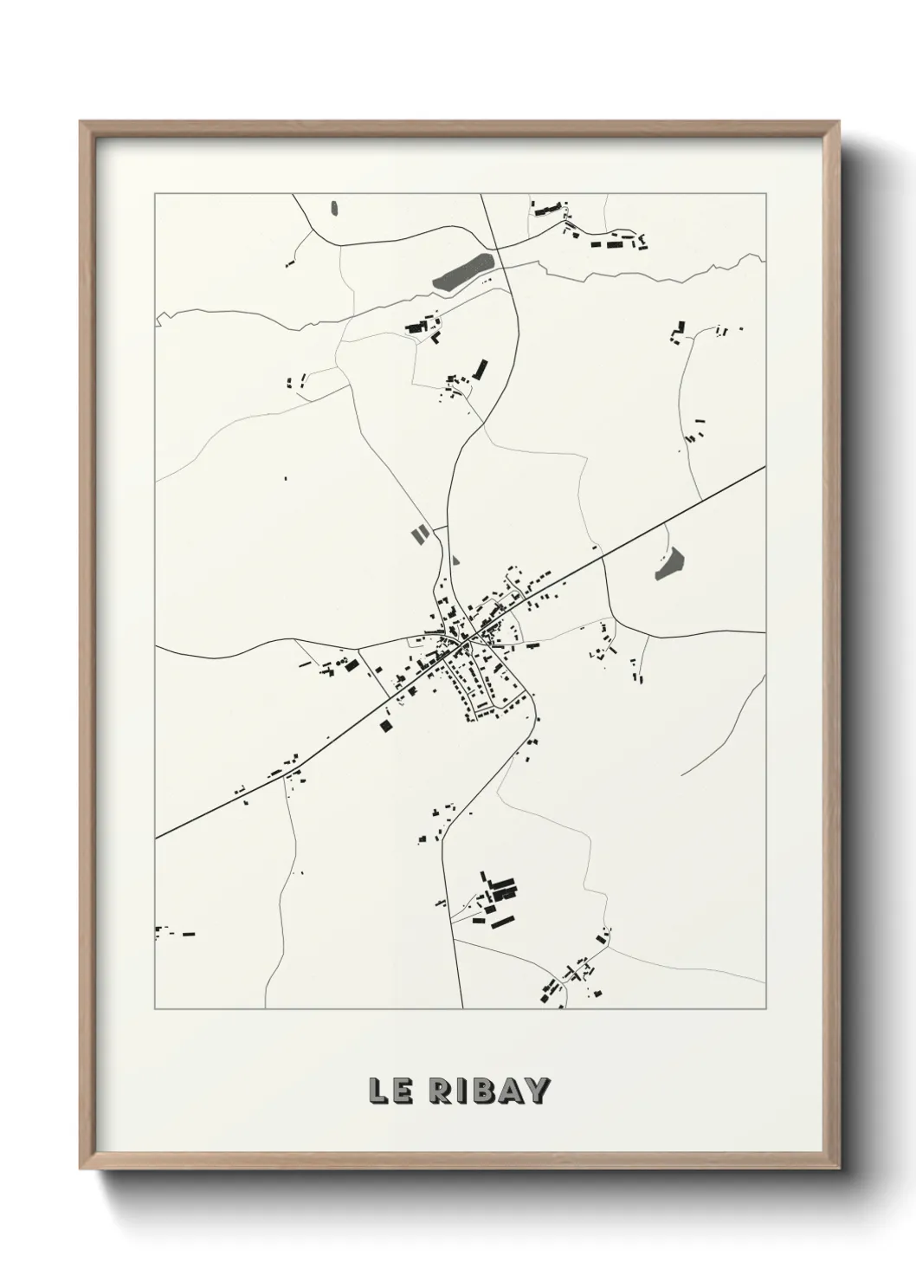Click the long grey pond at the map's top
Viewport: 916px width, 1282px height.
coord(464,270)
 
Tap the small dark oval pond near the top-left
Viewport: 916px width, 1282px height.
coord(334,208)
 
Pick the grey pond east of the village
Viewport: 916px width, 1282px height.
coord(669,564)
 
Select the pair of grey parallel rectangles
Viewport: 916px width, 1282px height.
coord(418,534)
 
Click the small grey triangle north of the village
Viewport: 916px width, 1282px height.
coord(455,560)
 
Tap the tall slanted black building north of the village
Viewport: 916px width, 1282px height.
coord(480,370)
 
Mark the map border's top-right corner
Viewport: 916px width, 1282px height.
coord(765,194)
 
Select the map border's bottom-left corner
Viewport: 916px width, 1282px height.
coord(155,1008)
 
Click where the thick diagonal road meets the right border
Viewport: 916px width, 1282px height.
coord(764,467)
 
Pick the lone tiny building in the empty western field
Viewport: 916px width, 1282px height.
coord(286,477)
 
